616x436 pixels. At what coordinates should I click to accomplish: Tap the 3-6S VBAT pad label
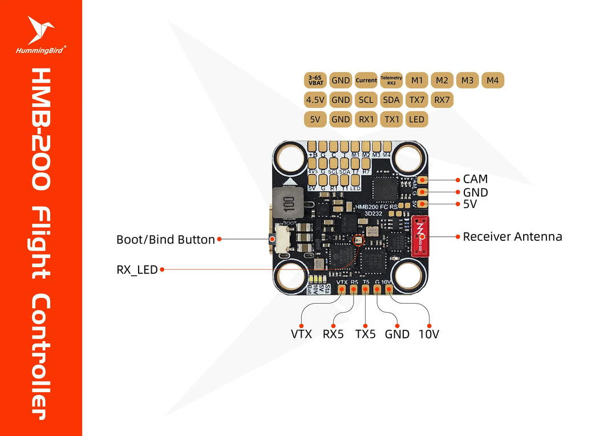pos(316,80)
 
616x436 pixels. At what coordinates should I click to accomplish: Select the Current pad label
pos(366,80)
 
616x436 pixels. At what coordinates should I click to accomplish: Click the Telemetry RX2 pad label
pos(391,80)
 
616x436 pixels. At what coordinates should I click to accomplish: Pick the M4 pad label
pos(493,80)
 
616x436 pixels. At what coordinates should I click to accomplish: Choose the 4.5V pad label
pos(315,100)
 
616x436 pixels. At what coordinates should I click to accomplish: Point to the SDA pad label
pos(391,100)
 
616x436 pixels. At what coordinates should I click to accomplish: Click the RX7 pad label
pos(442,100)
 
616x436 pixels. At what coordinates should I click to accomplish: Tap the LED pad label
pos(416,119)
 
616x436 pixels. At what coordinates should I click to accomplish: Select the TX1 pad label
pos(391,119)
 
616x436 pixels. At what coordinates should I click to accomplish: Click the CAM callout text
pos(475,180)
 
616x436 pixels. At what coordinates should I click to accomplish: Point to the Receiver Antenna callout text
pos(512,236)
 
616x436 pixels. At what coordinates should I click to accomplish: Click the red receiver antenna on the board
pos(420,236)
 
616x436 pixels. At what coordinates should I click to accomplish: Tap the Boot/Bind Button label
pos(165,240)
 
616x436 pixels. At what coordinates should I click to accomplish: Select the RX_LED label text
pos(137,269)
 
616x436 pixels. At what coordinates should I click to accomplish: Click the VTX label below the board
pos(301,334)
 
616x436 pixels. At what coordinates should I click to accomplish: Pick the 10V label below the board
pos(428,334)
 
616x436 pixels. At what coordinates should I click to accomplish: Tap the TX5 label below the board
pos(365,334)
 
